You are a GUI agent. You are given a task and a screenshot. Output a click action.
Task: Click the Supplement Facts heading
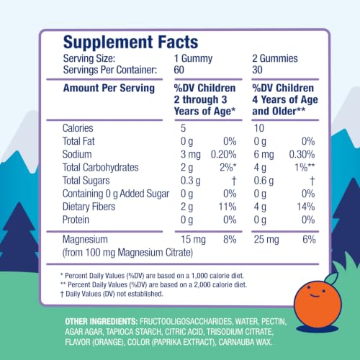point(131,42)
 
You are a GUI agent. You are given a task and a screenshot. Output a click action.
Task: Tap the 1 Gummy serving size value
point(193,59)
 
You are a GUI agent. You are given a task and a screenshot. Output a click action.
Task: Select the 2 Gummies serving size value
point(275,58)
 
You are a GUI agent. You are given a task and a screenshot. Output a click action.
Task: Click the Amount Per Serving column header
point(109,88)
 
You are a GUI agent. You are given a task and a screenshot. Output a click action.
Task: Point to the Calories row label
point(78,128)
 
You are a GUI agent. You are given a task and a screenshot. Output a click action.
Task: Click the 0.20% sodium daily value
point(223,154)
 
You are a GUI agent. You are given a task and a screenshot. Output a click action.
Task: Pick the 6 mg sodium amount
point(264,155)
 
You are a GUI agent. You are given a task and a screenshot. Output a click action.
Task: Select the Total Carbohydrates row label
point(100,167)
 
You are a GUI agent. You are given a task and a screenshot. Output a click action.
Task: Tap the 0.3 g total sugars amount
point(191,181)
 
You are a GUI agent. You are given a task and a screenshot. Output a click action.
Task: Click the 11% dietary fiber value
point(228,207)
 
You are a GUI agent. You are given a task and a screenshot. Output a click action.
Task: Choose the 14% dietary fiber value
point(306,207)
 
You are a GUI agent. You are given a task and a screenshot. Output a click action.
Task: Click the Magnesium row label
point(85,239)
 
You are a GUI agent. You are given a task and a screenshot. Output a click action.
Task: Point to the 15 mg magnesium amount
point(193,240)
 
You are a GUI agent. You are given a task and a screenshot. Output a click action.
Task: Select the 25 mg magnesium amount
point(266,240)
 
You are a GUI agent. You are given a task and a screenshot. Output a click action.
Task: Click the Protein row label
point(76,220)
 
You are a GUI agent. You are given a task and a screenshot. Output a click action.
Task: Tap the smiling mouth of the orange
point(315,295)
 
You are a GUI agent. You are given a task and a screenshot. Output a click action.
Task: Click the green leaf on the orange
point(331,278)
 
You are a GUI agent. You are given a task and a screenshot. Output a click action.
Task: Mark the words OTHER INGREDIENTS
point(102,321)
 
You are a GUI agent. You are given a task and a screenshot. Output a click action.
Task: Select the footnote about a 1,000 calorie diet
point(152,276)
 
